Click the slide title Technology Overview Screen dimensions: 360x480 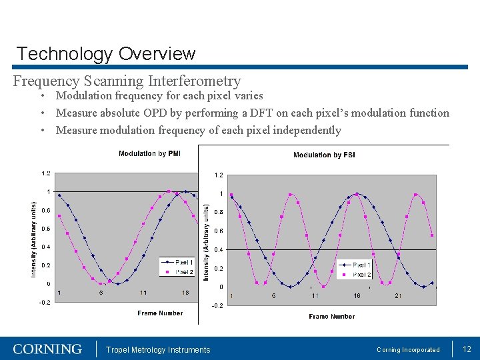pos(105,54)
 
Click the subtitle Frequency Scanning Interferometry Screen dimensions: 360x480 pos(127,81)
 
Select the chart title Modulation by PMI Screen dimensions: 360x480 pos(149,154)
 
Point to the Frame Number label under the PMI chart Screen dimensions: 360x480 pos(160,313)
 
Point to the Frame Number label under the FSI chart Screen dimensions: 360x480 pos(332,316)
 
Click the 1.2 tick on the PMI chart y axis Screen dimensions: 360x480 pos(45,173)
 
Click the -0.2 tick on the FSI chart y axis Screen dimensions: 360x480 pos(217,306)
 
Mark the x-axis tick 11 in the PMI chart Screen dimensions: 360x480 pos(143,293)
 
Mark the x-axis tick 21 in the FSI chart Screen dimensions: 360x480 pos(398,295)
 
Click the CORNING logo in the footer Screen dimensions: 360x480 pos(47,349)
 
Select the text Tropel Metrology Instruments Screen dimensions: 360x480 pos(158,350)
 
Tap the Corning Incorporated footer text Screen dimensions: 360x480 pos(408,350)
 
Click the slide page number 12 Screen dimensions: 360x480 pos(467,349)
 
